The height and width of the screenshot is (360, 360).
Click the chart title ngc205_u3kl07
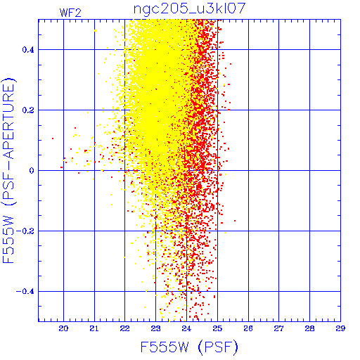[x=189, y=8]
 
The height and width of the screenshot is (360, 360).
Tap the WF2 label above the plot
[x=70, y=13]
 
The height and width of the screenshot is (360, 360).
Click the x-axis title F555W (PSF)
[x=189, y=347]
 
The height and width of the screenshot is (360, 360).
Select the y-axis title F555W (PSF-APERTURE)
[x=9, y=171]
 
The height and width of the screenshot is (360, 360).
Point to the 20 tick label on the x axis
[x=63, y=328]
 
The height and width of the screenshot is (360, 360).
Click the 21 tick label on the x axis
[x=94, y=328]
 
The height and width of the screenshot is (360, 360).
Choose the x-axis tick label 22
[x=124, y=328]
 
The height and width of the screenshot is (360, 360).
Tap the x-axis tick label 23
[x=155, y=328]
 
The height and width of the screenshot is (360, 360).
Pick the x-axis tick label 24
[x=186, y=328]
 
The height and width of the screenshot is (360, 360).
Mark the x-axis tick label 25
[x=217, y=328]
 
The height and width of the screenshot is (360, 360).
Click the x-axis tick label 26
[x=248, y=328]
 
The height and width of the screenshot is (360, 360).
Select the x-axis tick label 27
[x=279, y=328]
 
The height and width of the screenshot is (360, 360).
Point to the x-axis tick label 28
[x=309, y=328]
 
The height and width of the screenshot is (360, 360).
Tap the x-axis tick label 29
[x=340, y=328]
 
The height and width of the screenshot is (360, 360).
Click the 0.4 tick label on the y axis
[x=28, y=50]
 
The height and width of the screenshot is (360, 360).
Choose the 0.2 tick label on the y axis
[x=28, y=110]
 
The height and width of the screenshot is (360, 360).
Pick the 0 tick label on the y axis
[x=32, y=171]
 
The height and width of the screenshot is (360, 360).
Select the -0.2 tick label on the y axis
[x=25, y=231]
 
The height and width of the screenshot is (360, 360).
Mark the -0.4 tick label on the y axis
[x=25, y=292]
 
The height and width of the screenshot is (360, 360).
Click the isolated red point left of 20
[x=53, y=139]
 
